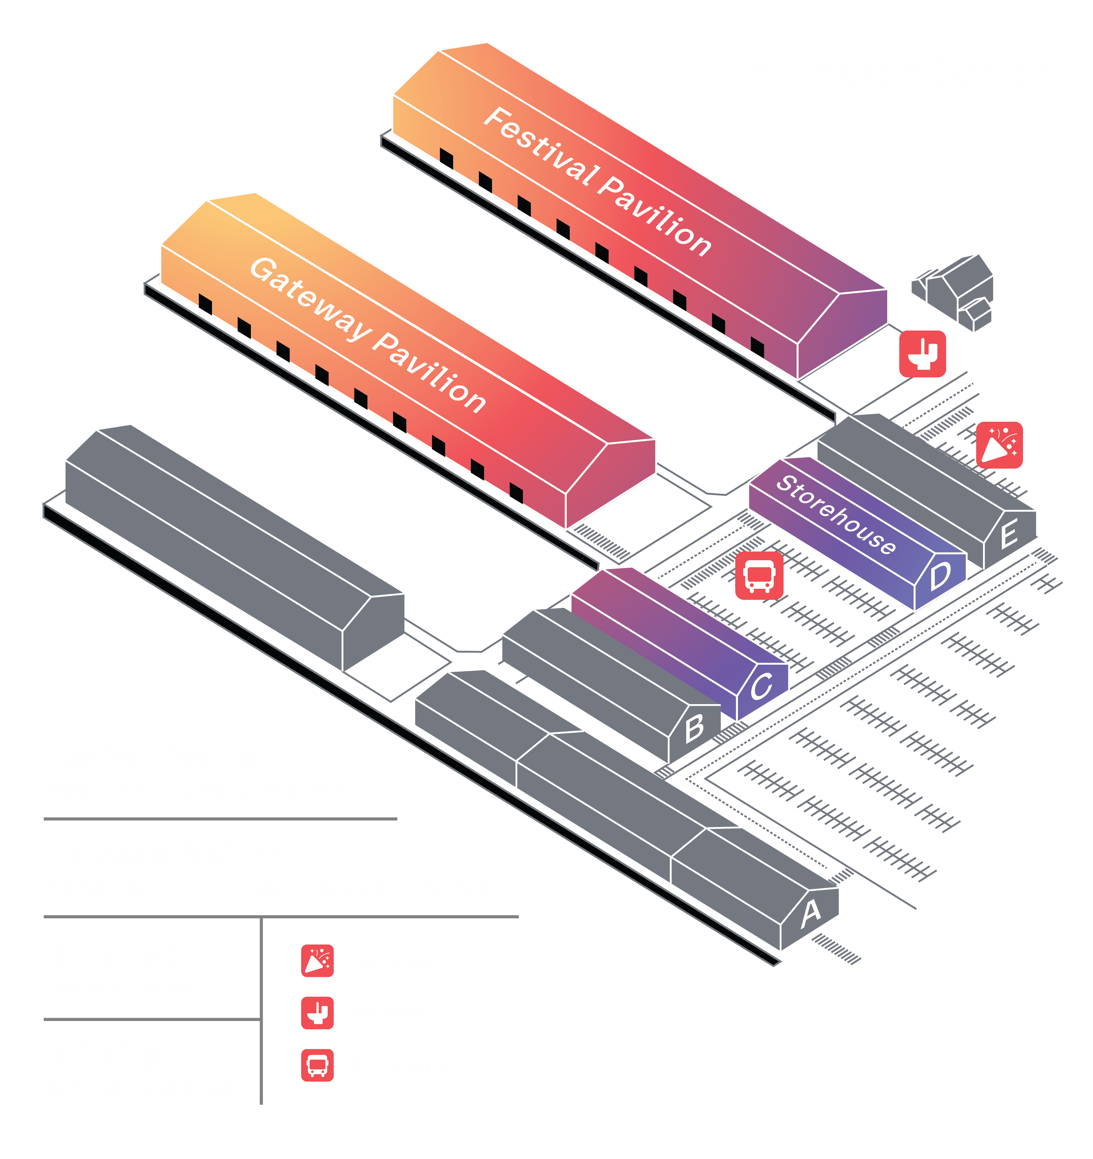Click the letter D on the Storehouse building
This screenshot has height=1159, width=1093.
coord(940,576)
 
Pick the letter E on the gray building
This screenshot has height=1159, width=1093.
coord(1009,534)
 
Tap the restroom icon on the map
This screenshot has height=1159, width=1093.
coord(922,354)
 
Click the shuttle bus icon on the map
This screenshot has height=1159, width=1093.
coord(759,576)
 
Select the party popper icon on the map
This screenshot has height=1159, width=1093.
coord(999,445)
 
